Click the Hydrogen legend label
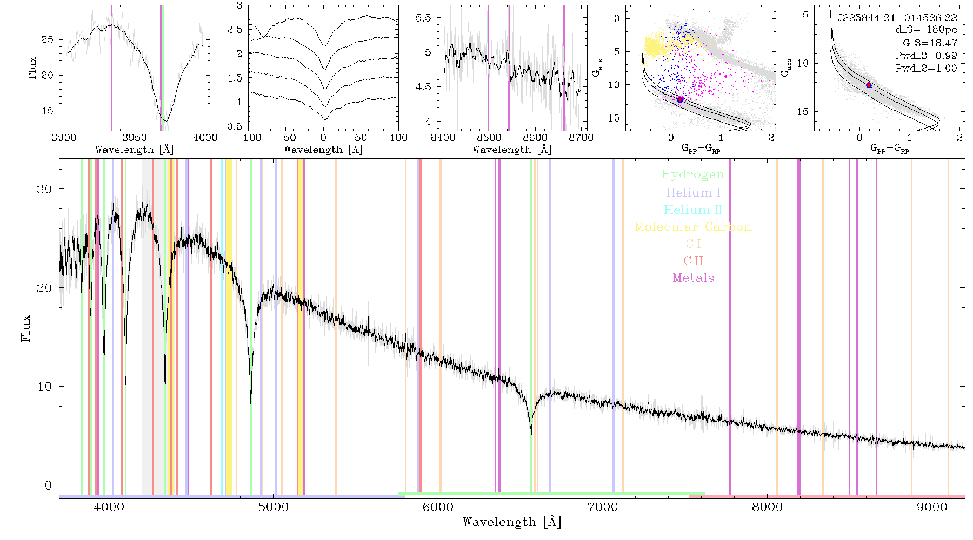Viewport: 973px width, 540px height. (693, 174)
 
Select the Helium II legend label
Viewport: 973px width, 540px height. (693, 210)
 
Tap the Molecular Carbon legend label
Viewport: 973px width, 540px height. (693, 227)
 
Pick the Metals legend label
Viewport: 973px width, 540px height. (694, 278)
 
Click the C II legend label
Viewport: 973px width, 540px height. (694, 261)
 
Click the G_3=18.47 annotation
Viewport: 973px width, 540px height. (930, 43)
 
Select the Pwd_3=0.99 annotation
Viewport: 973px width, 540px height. (926, 56)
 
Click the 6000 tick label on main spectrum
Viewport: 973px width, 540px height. (438, 508)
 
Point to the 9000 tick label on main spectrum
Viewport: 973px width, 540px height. (932, 508)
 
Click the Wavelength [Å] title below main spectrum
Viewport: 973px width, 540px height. (512, 522)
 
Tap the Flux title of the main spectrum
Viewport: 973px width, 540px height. (26, 327)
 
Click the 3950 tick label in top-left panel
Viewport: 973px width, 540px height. (135, 138)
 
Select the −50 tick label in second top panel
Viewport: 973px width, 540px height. (285, 138)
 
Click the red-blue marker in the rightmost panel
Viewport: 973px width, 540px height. (869, 85)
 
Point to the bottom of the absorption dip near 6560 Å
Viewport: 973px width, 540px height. (531, 435)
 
